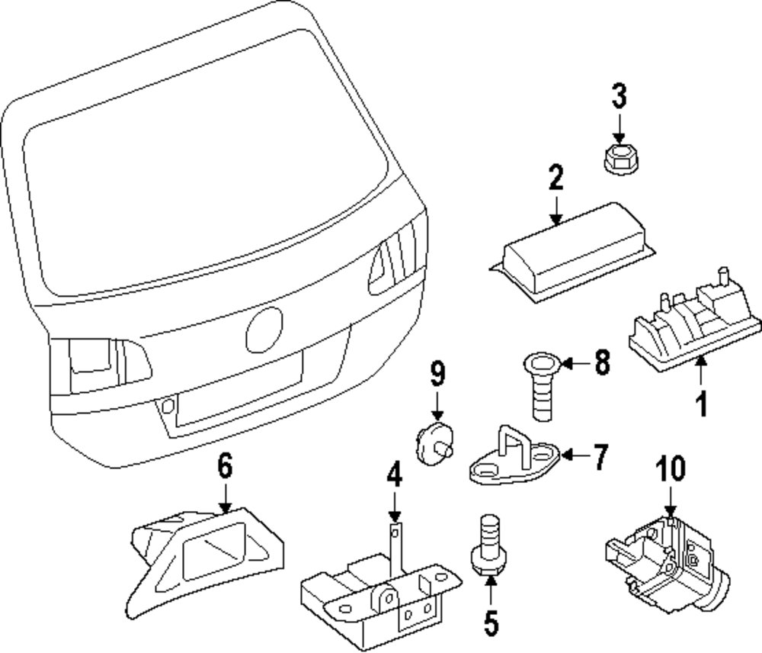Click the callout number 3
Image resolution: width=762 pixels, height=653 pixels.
[x=618, y=97]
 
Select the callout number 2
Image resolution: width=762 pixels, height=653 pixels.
[x=556, y=178]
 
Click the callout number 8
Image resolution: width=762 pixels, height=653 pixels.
[x=602, y=363]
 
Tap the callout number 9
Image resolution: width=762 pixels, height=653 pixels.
[x=437, y=373]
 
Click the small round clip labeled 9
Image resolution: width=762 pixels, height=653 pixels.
[x=435, y=444]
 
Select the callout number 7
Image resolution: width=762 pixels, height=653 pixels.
[x=599, y=456]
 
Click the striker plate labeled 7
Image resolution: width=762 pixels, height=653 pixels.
[x=516, y=456]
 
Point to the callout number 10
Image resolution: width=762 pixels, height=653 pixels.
[x=671, y=468]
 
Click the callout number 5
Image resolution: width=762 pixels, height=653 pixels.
[x=491, y=623]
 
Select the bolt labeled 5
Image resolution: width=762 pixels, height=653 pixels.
[x=489, y=545]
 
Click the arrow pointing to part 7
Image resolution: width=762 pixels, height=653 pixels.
[x=575, y=456]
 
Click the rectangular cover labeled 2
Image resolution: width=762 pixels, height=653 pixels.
[x=574, y=253]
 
